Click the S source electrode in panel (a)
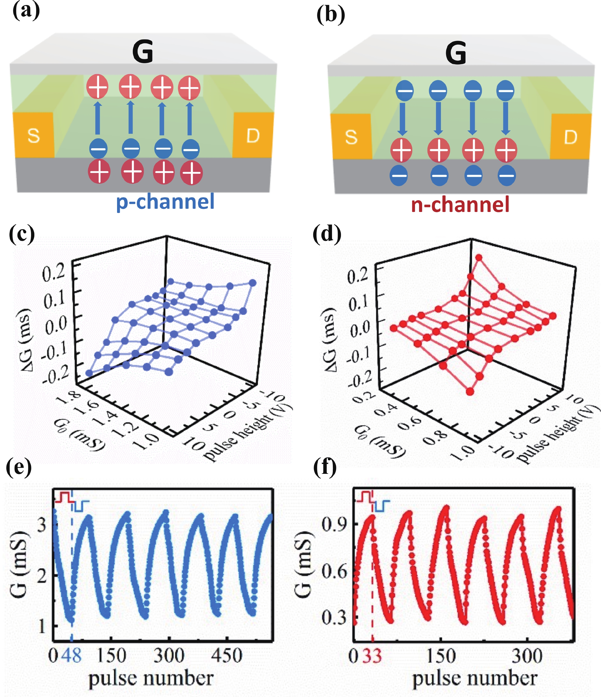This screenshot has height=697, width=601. pos(33,135)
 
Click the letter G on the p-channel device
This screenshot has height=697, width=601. pos(143,51)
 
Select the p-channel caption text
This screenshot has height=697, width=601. pos(165,202)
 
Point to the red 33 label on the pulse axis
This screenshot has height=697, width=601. pos(372,656)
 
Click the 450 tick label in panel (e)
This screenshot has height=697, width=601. pos(226,656)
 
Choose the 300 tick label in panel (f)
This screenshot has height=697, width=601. pos(527,656)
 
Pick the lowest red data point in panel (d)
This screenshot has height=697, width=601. pos(470,391)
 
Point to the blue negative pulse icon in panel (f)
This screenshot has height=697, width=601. pos(382,506)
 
